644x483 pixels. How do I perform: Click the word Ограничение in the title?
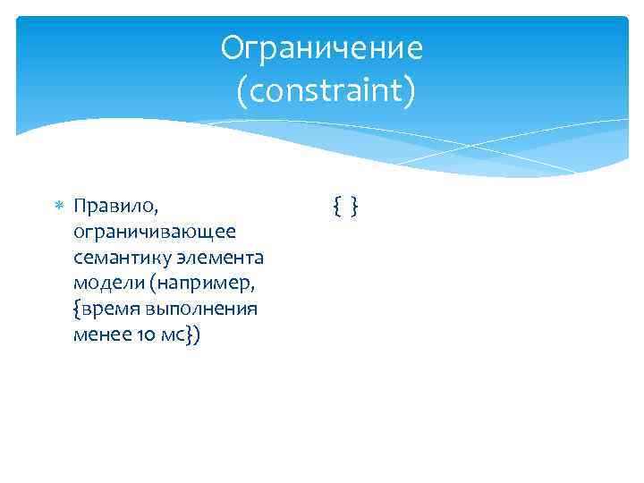pos(321,48)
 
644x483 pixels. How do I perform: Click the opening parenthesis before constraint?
pos(241,91)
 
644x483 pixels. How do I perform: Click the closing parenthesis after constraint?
pos(409,91)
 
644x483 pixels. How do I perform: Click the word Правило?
pos(105,207)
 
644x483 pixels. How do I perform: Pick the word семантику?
pos(114,258)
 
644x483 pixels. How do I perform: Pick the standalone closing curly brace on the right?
pos(355,208)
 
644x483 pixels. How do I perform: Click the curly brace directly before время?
pos(78,310)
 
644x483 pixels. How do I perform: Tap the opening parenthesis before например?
pos(153,284)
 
